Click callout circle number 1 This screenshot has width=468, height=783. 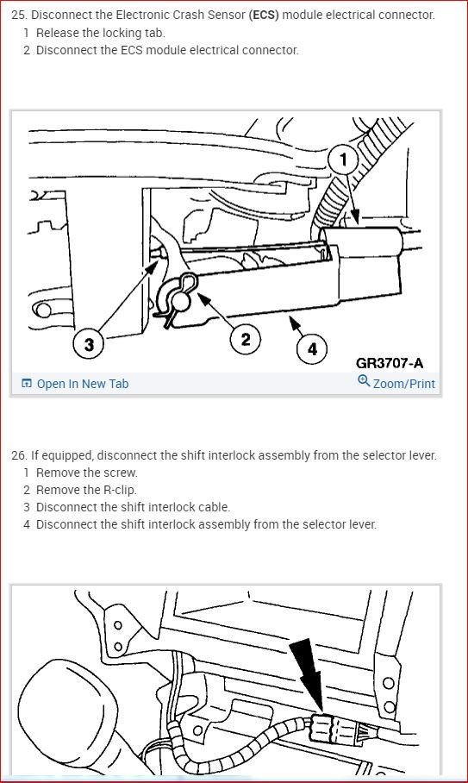pos(343,160)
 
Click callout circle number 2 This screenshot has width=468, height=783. pos(245,340)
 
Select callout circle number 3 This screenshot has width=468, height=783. pos(89,344)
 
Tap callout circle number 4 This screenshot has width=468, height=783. pos(312,348)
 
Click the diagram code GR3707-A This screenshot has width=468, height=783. pos(390,363)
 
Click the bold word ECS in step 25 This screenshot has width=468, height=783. pos(264,15)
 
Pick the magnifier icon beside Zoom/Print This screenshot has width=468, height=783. pos(365,381)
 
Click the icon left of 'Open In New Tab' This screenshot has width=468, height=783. pos(27,384)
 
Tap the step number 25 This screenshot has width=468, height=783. pos(18,15)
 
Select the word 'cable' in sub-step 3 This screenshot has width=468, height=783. pos(215,507)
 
